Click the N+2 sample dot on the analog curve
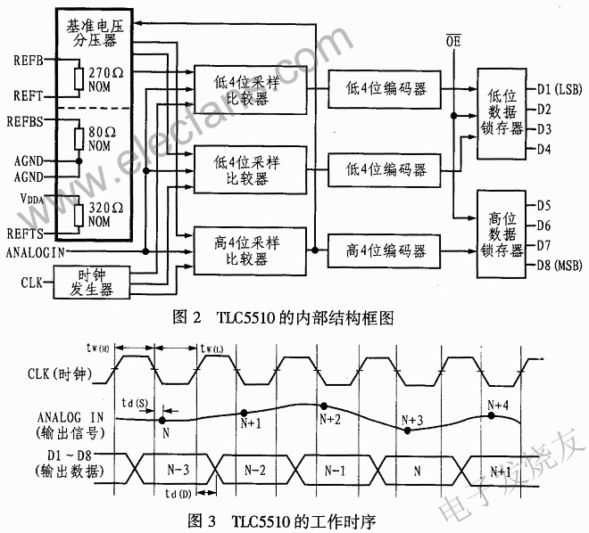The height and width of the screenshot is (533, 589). point(325,406)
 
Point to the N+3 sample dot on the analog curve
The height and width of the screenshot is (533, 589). point(408,430)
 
